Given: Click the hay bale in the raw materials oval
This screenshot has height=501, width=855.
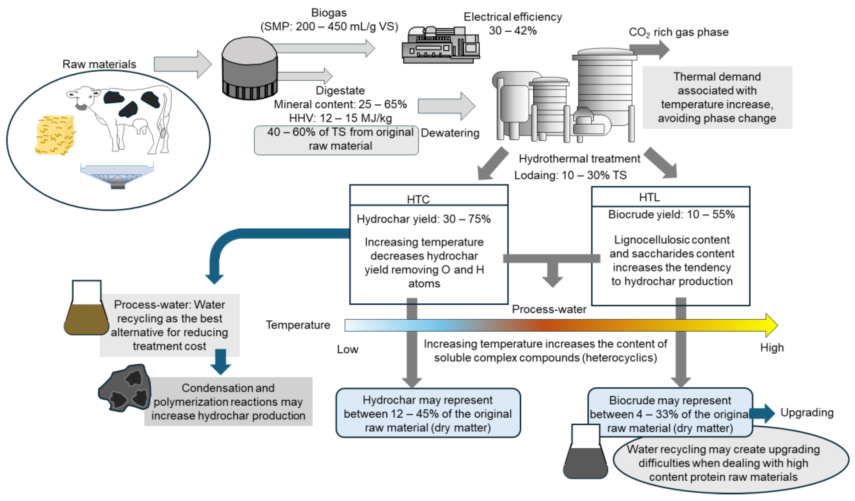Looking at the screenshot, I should coord(55,135).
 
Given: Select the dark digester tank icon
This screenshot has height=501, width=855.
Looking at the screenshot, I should coord(249,69).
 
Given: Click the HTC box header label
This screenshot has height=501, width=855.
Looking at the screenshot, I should coord(418,199).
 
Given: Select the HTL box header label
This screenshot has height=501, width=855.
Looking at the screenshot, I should coord(649,197).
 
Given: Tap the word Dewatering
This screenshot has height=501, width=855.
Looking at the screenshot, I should coord(450,133).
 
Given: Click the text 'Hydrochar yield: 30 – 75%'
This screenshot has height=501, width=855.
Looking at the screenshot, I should coord(423,219).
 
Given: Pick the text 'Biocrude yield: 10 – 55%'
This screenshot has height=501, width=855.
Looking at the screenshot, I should coord(671,214).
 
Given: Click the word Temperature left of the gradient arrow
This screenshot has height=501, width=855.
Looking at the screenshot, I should coord(298,325).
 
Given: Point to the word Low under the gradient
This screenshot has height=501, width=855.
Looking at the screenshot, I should coord(348,349).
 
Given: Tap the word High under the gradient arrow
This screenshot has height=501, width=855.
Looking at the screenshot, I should coord(771,348).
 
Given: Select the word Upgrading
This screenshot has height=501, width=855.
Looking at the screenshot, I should coord(807,413).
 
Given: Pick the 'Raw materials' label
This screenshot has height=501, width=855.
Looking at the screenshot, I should coord(99,64).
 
